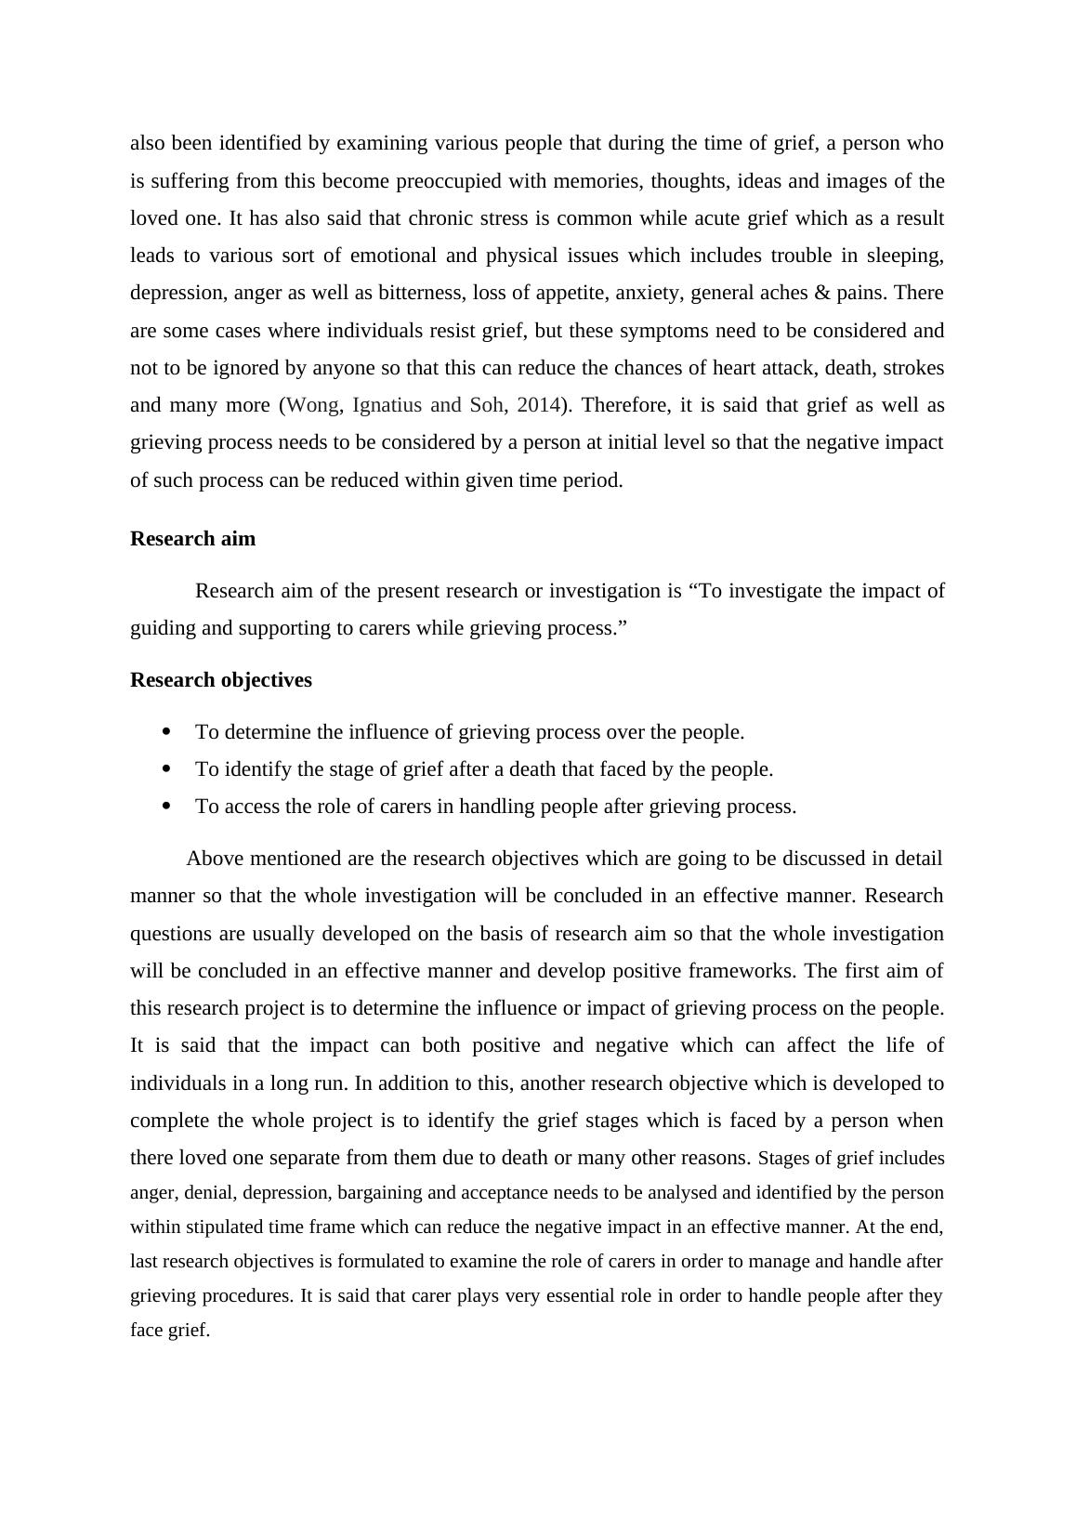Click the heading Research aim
point(192,539)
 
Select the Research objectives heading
point(221,680)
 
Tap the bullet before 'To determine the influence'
point(167,732)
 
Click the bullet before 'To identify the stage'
point(167,769)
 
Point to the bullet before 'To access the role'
point(167,807)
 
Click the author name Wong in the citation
point(314,405)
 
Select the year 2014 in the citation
point(539,405)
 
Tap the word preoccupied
point(449,181)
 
